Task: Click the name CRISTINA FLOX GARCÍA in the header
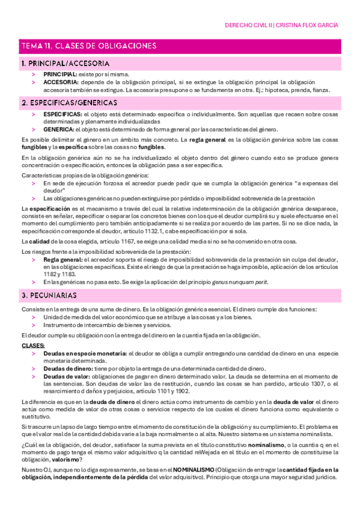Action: pyautogui.click(x=308, y=26)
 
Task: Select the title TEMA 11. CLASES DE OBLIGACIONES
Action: pyautogui.click(x=88, y=46)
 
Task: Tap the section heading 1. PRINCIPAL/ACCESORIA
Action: pyautogui.click(x=65, y=63)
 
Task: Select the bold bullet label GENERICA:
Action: pyautogui.click(x=58, y=129)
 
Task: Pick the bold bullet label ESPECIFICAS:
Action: pyautogui.click(x=63, y=113)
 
